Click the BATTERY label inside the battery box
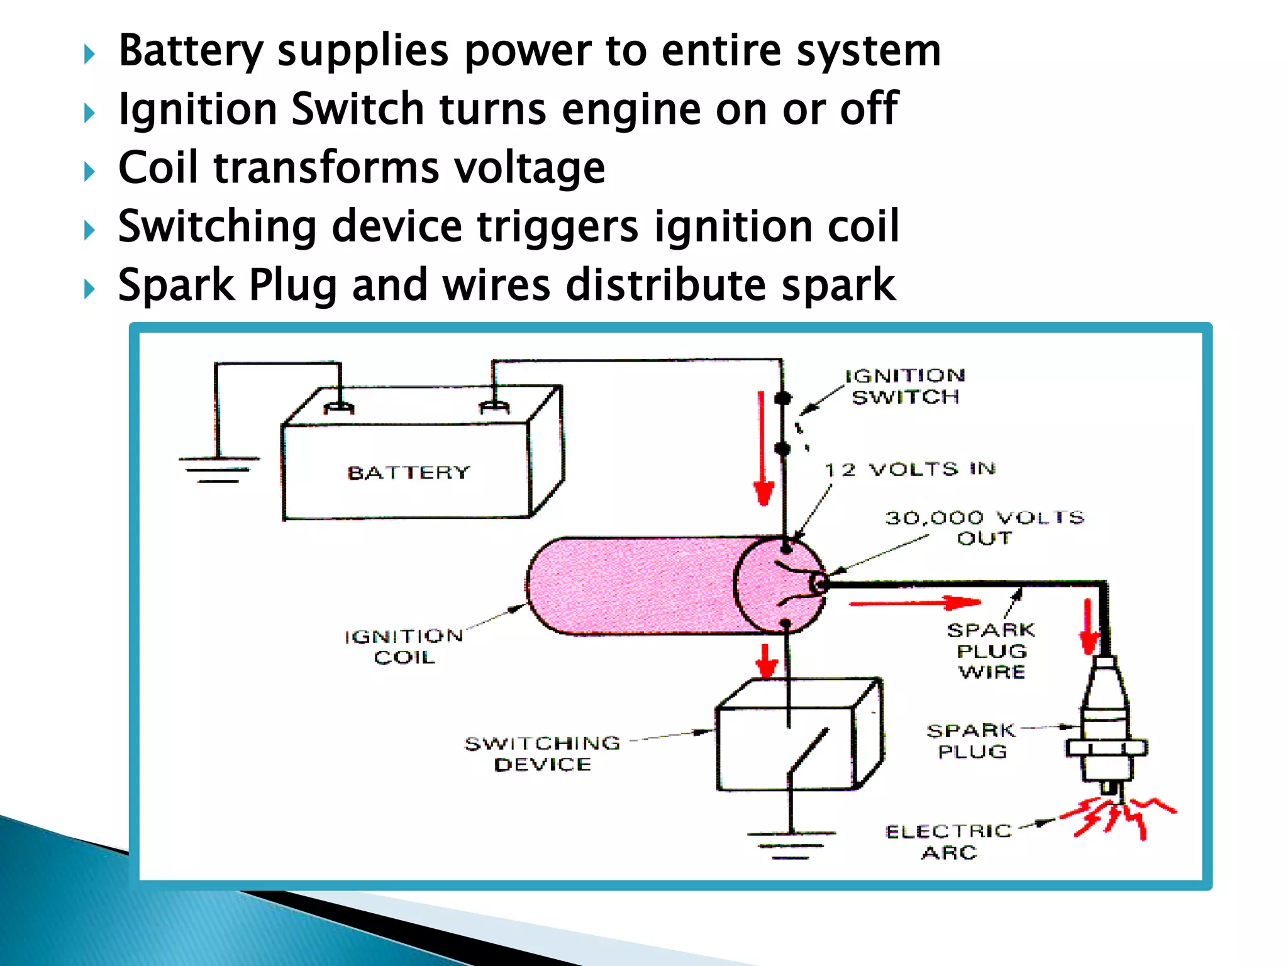pos(409,472)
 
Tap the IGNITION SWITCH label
pos(905,386)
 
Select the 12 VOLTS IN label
pos(910,469)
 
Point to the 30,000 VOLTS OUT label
pos(985,528)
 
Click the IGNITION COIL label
pos(404,647)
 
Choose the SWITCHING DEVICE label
pos(542,753)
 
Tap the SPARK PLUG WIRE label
pos(991,651)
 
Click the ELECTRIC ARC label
pos(949,842)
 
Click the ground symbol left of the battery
pos(218,469)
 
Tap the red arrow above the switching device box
pos(766,660)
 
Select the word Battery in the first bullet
pos(191,50)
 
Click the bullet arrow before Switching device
pos(90,230)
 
